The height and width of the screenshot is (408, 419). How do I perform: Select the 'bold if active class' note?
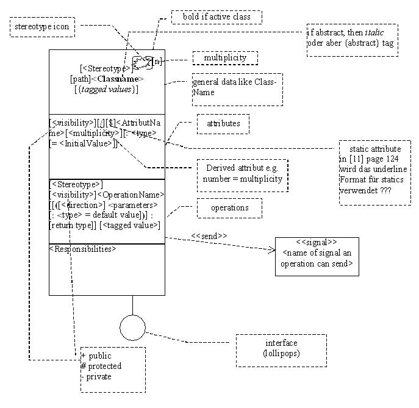[216, 17]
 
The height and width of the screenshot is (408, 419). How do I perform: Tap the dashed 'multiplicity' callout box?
[225, 58]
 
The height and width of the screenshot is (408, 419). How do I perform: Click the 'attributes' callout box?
[223, 124]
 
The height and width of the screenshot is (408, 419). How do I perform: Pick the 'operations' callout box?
[229, 208]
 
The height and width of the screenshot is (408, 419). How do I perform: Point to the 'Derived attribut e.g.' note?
[243, 173]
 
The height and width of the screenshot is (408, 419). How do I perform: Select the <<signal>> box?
[317, 257]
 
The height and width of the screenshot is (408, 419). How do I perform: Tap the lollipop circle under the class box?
[132, 327]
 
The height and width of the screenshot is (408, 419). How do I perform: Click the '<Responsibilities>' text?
[82, 249]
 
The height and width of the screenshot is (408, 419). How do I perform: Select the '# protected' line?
[101, 366]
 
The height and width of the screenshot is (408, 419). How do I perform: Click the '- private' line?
[96, 376]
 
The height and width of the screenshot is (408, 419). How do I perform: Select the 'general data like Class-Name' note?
[237, 89]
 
